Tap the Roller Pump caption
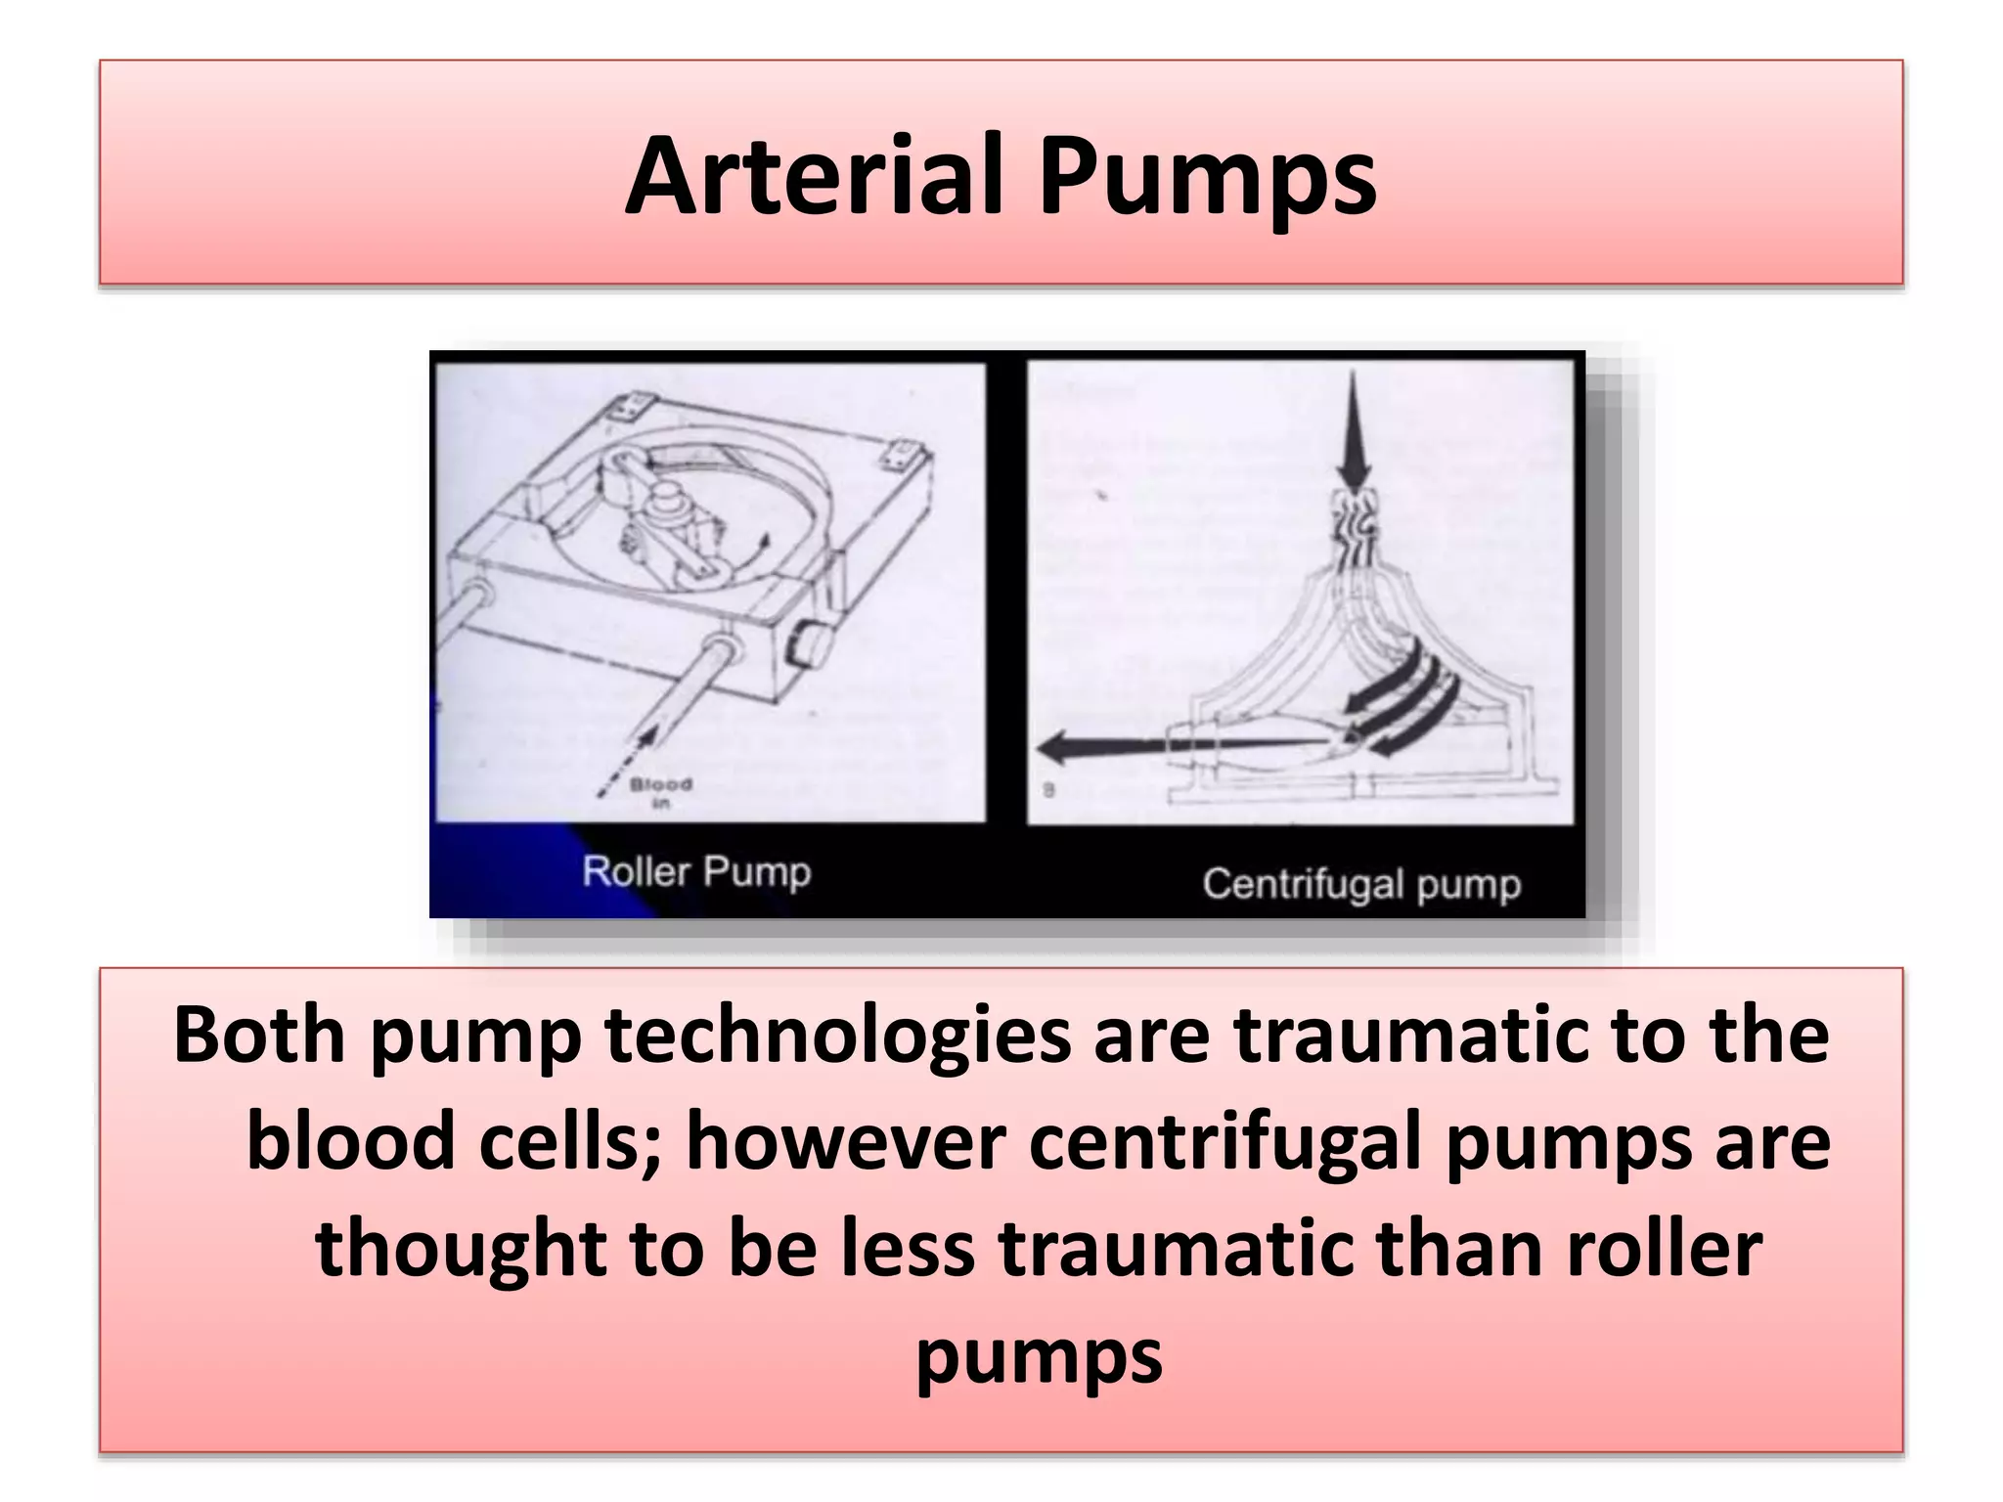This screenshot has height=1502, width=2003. point(696,871)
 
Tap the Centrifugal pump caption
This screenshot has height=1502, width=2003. point(1360,883)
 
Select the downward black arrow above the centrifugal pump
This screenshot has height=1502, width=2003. point(1355,430)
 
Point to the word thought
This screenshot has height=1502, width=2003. point(460,1252)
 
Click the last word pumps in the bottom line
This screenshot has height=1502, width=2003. point(1039,1357)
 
